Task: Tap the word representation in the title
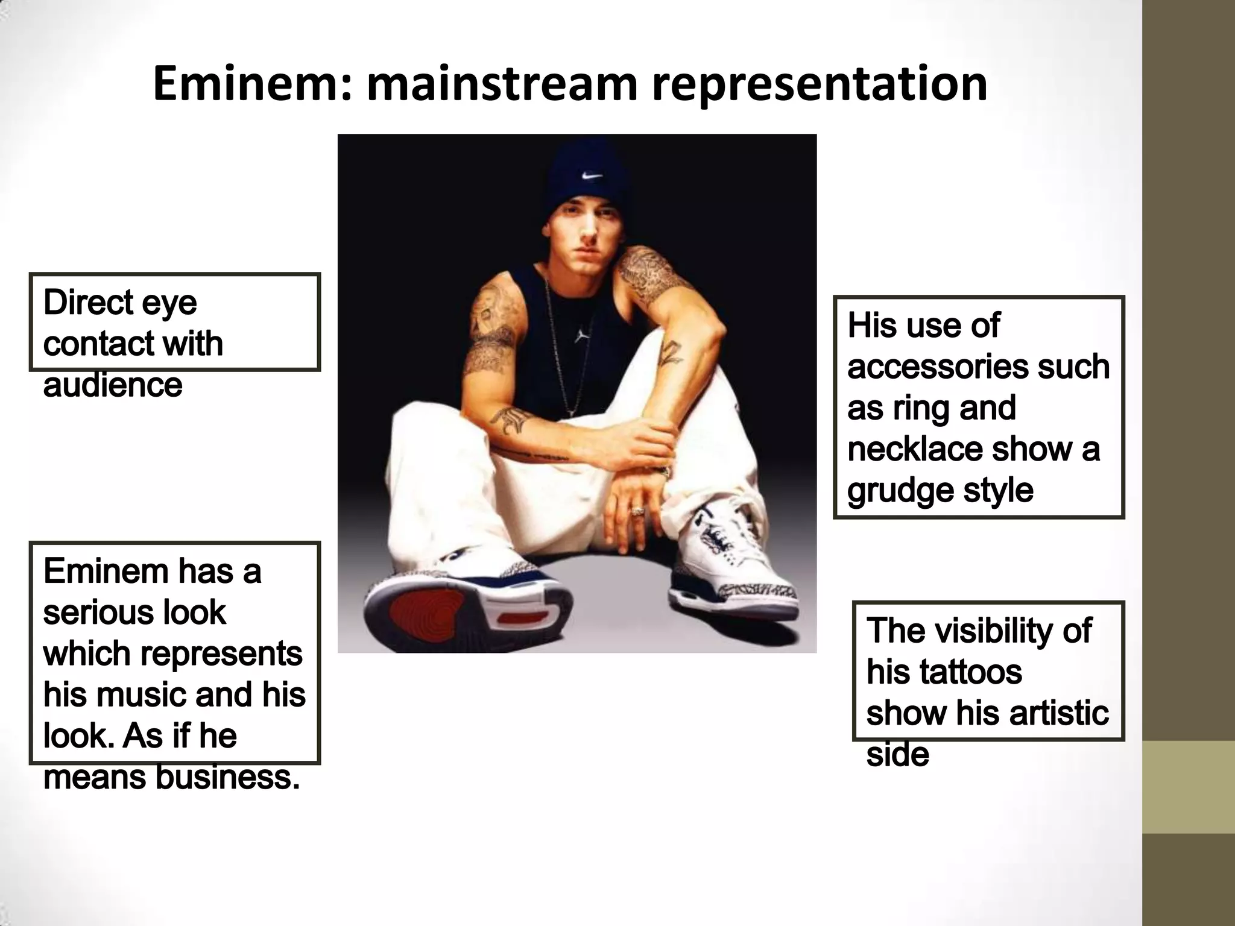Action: (820, 84)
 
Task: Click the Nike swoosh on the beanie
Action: (592, 176)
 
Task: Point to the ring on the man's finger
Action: (637, 511)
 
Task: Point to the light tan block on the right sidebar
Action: (1189, 786)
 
